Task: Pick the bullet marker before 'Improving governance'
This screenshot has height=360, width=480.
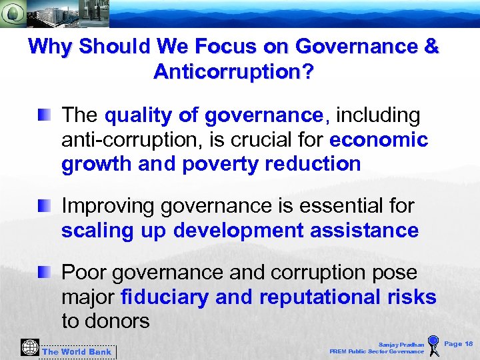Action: click(x=44, y=207)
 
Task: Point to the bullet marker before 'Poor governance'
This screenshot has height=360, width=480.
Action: click(x=44, y=272)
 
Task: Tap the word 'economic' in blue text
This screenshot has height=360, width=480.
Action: click(x=379, y=140)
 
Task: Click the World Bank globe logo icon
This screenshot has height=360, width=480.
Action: click(x=30, y=347)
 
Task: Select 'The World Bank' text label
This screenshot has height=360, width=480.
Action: click(x=77, y=352)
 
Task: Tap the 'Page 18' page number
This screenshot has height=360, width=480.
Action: click(x=459, y=344)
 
